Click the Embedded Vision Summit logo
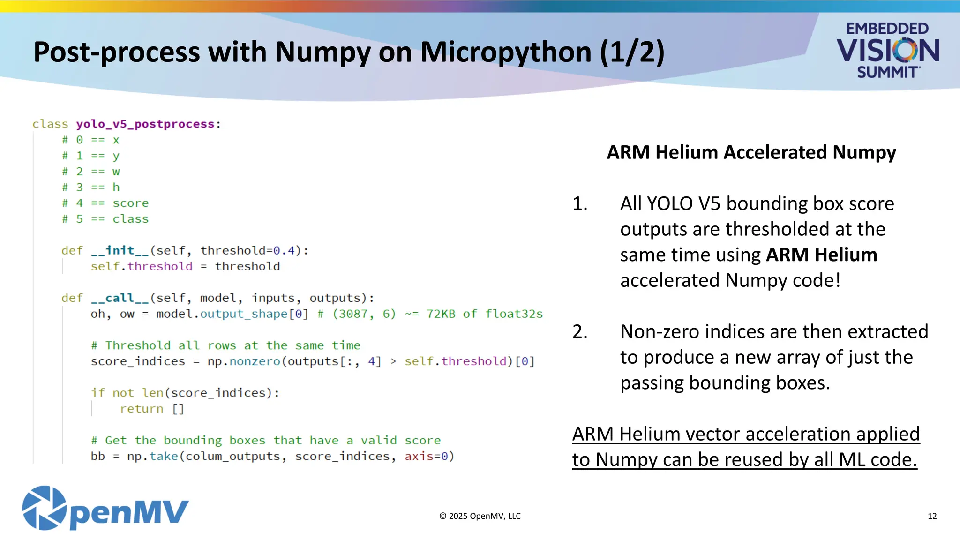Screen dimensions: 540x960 coord(887,50)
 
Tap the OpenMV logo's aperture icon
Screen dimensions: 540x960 coord(44,508)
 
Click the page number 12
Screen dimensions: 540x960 coord(932,516)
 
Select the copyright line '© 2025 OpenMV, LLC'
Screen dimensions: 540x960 coord(480,516)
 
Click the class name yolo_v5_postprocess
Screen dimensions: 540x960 coord(145,124)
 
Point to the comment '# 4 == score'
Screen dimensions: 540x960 coord(105,203)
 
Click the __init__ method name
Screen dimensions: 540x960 coord(120,251)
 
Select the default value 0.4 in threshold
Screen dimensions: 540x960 coord(284,251)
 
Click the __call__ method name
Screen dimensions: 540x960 coord(120,298)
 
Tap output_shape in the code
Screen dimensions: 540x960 coord(244,314)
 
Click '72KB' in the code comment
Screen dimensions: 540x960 coord(441,314)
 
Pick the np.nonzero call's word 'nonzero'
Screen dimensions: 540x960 coord(255,361)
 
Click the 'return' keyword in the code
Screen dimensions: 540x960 coord(142,409)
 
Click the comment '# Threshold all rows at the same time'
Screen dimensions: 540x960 coord(225,346)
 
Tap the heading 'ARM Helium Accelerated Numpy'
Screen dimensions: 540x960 coord(751,152)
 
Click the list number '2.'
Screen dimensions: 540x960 coord(580,332)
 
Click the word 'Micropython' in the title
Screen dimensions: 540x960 coord(506,52)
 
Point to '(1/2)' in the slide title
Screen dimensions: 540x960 coord(632,52)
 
